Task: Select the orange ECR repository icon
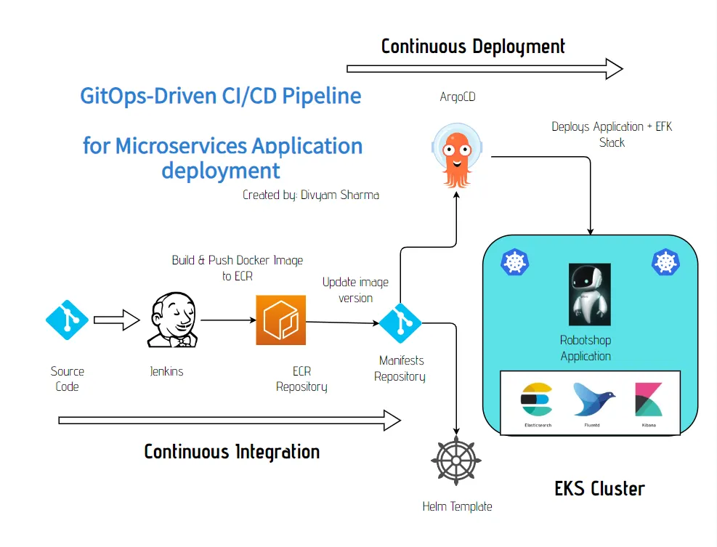coord(280,320)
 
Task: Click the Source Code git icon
coord(67,320)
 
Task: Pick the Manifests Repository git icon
coord(400,322)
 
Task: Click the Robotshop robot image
coord(589,294)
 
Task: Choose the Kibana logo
coord(648,400)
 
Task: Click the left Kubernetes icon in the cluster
coord(514,262)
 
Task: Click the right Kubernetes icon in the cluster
coord(665,262)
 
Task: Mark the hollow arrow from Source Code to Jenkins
coord(116,320)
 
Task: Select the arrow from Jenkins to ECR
coord(227,320)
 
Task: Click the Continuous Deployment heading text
coord(473,46)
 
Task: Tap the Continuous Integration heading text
coord(232,451)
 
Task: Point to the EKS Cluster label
coord(599,488)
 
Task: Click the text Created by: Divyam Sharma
coord(311,195)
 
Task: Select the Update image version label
coord(355,290)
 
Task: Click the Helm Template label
coord(457,506)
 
